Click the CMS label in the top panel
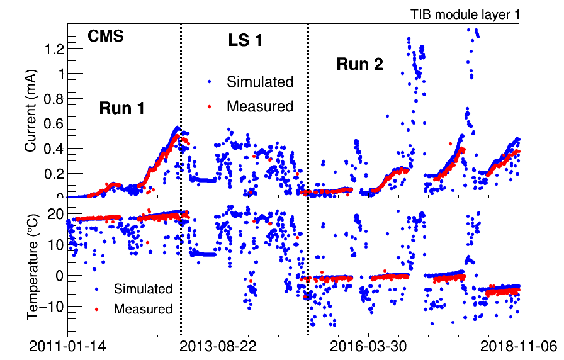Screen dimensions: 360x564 pos(105,37)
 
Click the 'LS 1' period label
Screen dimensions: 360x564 pos(245,41)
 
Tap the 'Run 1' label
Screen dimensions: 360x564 pos(122,108)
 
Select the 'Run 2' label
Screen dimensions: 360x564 pos(359,64)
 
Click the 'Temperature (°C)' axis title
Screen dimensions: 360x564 pos(32,265)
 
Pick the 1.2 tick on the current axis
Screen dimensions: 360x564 pos(53,48)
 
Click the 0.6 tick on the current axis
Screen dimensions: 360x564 pos(53,123)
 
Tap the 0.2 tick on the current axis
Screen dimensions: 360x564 pos(53,173)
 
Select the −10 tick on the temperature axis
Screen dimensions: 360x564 pos(52,306)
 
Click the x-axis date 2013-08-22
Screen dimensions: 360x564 pos(217,346)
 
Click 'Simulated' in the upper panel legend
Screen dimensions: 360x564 pos(260,82)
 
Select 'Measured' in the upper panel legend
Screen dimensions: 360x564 pos(260,106)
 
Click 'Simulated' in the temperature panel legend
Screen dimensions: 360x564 pos(143,289)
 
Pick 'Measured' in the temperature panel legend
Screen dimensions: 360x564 pos(143,309)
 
